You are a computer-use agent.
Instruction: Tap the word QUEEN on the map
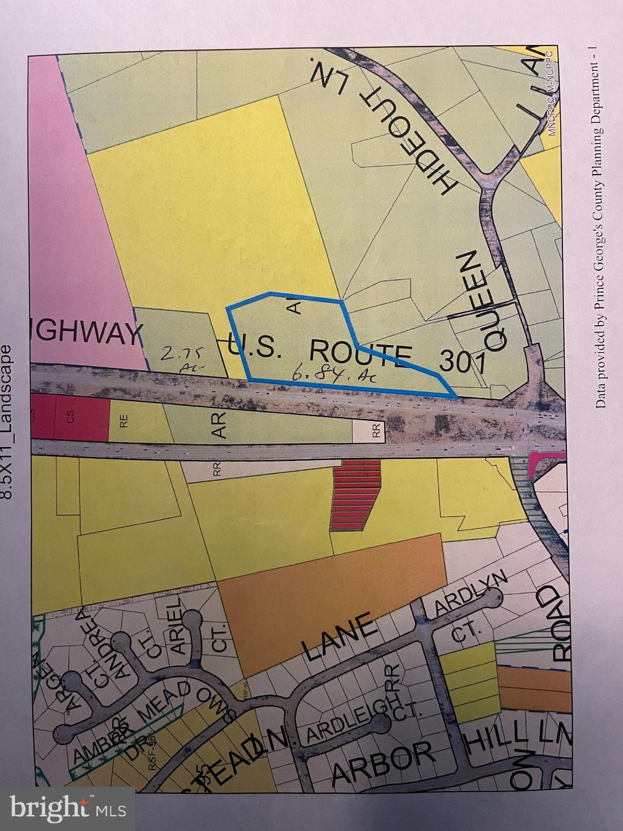481,301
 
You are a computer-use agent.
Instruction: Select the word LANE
337,636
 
